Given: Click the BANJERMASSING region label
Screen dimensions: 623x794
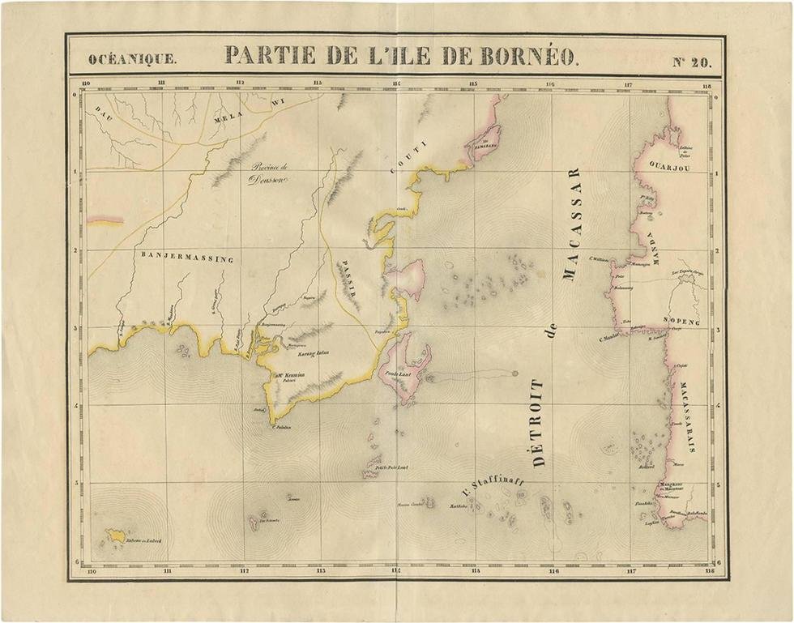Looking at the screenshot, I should pyautogui.click(x=187, y=258).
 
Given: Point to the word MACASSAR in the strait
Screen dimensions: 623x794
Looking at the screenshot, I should pyautogui.click(x=572, y=224).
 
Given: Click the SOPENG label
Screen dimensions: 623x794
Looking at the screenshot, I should pyautogui.click(x=680, y=322).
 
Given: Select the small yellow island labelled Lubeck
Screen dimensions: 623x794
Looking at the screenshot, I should pyautogui.click(x=116, y=535).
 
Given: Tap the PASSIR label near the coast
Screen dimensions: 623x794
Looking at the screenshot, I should pyautogui.click(x=346, y=277).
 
